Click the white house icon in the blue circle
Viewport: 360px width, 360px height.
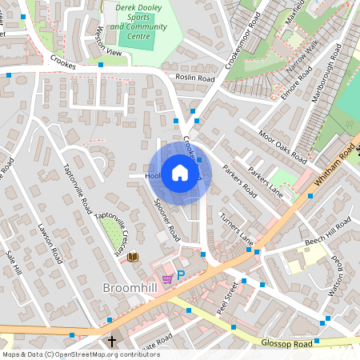click(x=179, y=173)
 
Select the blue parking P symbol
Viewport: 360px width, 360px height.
click(x=181, y=275)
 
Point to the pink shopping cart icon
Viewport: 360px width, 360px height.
click(x=167, y=278)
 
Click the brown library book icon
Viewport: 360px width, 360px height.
click(x=133, y=257)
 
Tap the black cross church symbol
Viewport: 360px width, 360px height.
click(x=112, y=342)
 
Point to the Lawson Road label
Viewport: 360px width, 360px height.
click(x=50, y=243)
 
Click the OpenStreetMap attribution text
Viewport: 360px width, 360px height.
click(x=80, y=354)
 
